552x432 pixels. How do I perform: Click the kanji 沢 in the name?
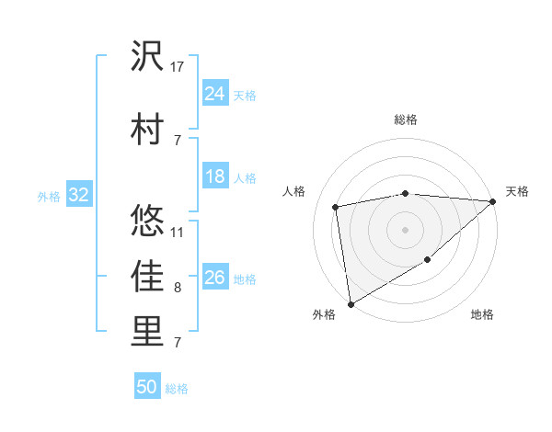pos(147,58)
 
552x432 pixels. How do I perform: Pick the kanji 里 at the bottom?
pos(147,334)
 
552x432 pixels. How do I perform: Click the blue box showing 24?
pos(215,93)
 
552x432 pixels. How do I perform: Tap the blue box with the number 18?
pos(215,176)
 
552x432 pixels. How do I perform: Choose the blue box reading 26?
pos(215,278)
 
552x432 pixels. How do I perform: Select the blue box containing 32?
pos(78,195)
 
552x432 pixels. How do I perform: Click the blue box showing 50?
pos(147,387)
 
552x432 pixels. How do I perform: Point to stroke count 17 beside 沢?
pos(178,66)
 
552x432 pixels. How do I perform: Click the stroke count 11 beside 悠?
pos(178,232)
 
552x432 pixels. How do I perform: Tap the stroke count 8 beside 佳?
pos(178,288)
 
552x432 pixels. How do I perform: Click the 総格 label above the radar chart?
pos(406,119)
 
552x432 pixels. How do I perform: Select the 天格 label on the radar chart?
pos(517,191)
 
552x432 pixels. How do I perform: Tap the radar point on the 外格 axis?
pos(351,303)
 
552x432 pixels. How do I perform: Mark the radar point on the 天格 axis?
pos(493,201)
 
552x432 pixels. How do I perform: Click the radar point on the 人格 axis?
pos(337,207)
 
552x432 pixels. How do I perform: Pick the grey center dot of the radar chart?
pos(406,229)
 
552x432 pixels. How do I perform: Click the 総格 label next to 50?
pos(177,389)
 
